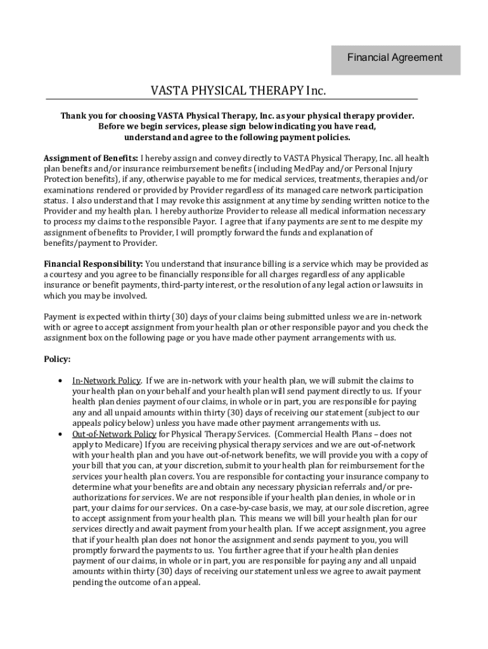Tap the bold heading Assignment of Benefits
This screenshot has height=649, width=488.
90,157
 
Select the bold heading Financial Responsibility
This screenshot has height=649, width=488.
93,263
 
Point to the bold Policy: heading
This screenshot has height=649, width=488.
57,359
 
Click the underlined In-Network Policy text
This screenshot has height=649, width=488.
106,380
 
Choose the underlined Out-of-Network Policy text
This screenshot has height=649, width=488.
114,434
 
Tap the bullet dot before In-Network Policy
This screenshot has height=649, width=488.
60,381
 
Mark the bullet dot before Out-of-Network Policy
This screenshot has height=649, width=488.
60,434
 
